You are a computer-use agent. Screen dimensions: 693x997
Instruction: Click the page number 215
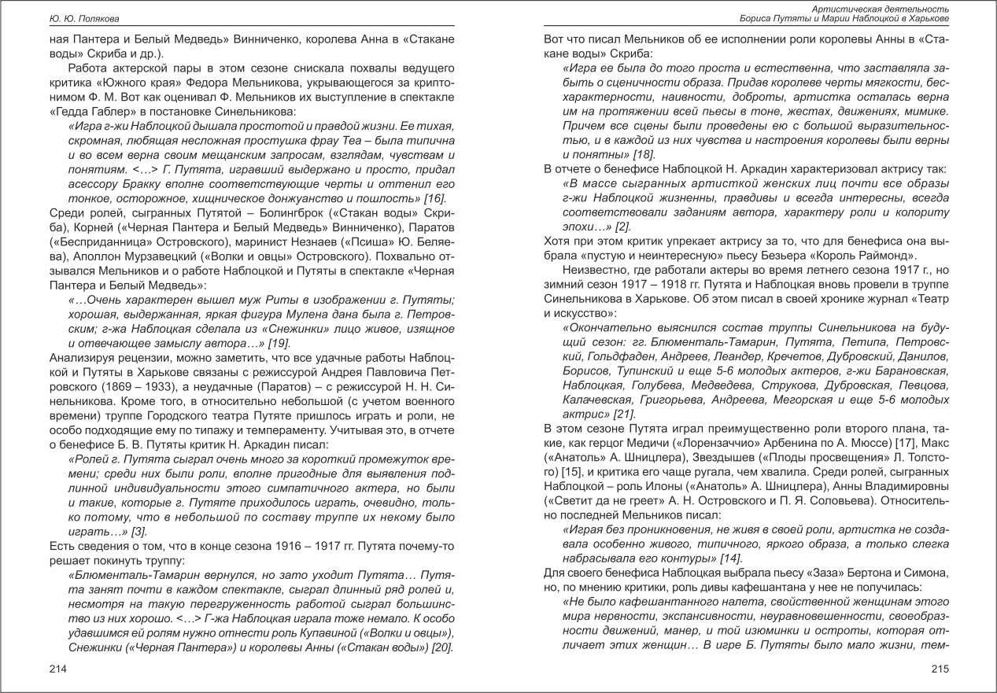940,669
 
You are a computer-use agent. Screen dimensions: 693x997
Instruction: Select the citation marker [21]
624,414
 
